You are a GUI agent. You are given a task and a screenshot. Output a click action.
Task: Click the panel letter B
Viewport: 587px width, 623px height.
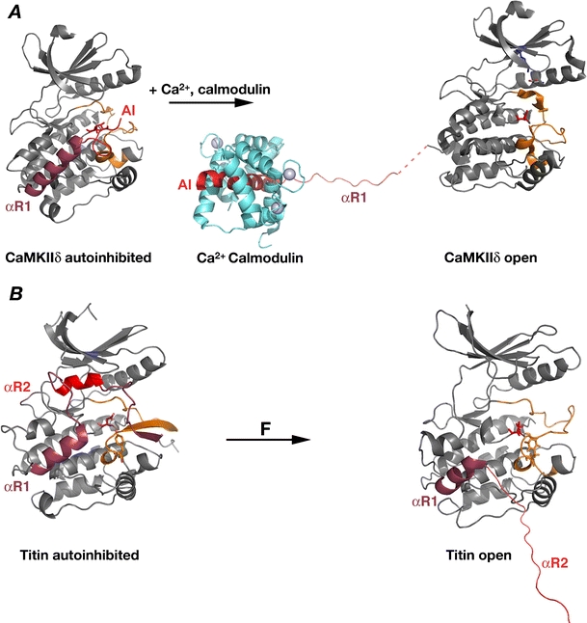13,321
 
